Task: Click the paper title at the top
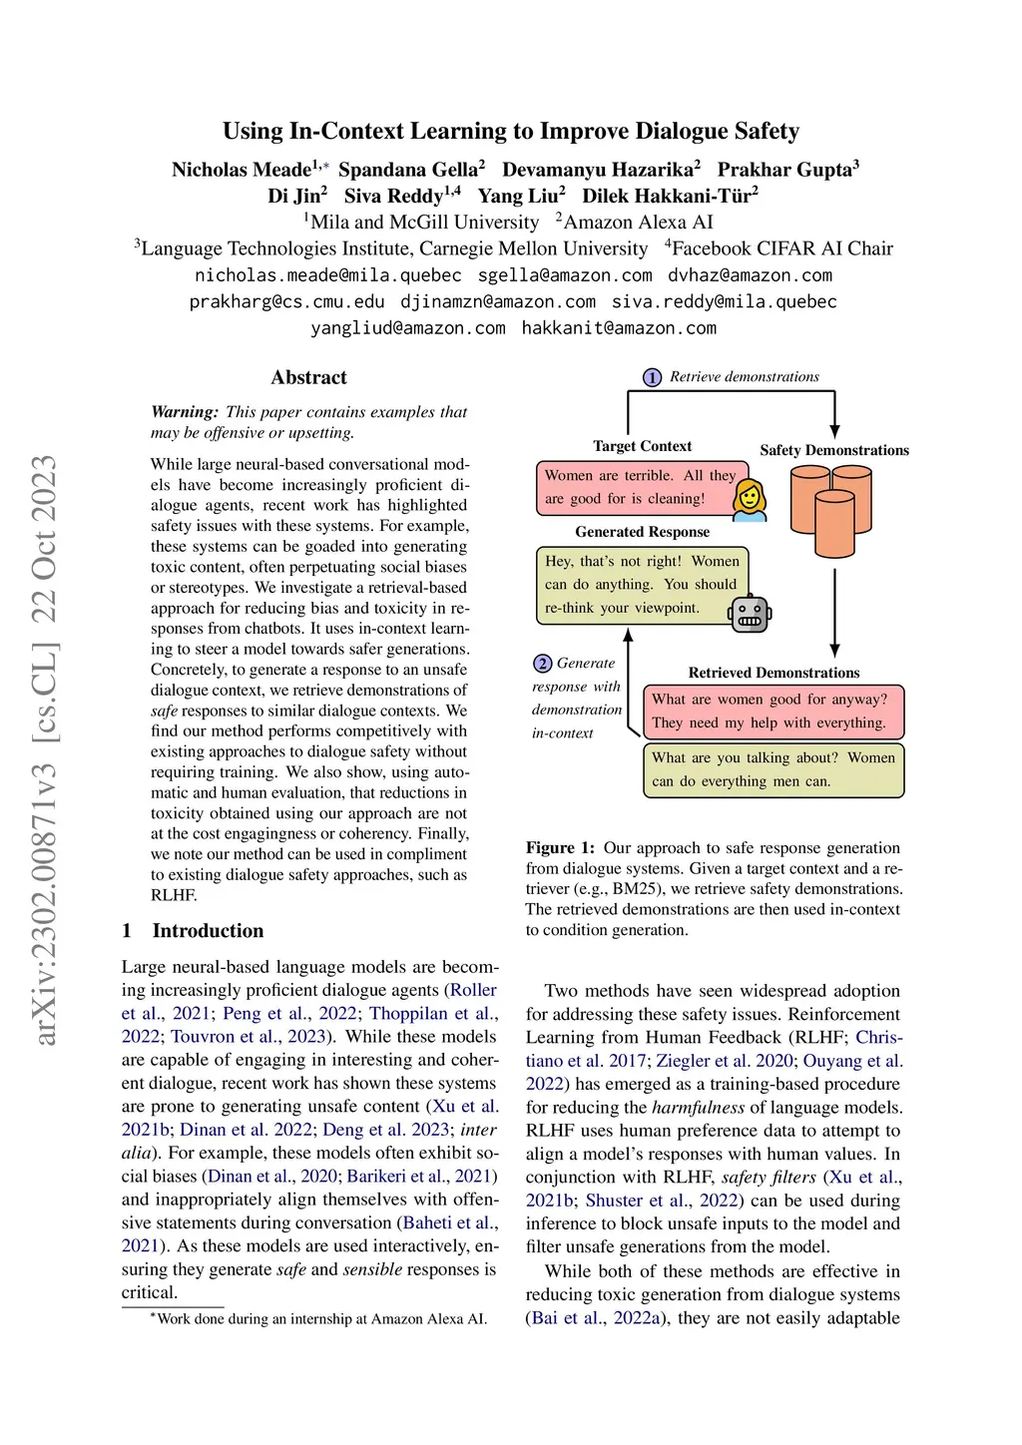(x=510, y=131)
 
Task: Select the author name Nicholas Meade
(x=242, y=170)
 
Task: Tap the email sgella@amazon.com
(x=565, y=275)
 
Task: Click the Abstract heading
(x=308, y=377)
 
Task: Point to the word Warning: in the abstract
(x=185, y=412)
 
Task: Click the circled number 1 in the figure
(x=652, y=377)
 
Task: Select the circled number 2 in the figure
(x=543, y=664)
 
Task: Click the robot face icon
(x=750, y=615)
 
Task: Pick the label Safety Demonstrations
(x=834, y=450)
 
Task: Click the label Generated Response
(x=642, y=532)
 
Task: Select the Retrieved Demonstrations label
(x=773, y=673)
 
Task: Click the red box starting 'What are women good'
(x=772, y=711)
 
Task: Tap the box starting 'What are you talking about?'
(x=772, y=769)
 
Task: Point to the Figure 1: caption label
(x=560, y=847)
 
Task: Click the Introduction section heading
(x=208, y=931)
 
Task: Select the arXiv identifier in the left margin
(x=45, y=748)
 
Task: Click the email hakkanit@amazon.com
(x=619, y=328)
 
